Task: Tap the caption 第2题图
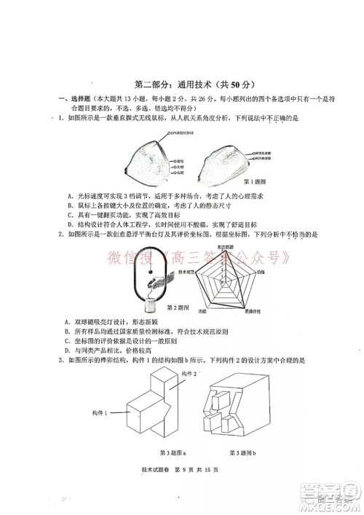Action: tap(178, 307)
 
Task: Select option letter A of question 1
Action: tap(66, 194)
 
